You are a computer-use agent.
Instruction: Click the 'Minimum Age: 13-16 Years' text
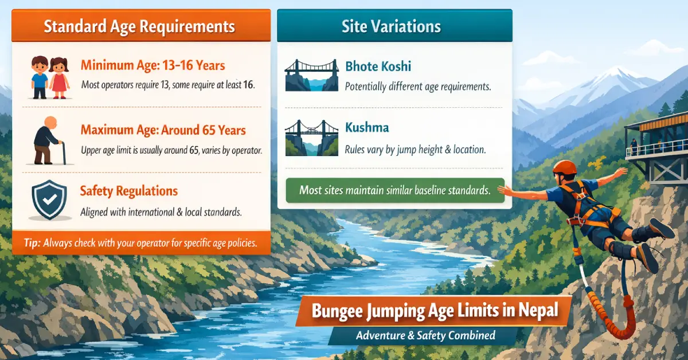(x=153, y=65)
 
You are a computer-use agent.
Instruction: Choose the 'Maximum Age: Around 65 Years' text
(x=163, y=130)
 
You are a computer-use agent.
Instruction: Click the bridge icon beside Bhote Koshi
(x=310, y=76)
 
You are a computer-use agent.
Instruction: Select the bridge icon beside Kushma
(x=310, y=138)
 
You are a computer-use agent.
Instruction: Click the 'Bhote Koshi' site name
(x=378, y=66)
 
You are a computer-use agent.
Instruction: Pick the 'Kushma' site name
(x=368, y=128)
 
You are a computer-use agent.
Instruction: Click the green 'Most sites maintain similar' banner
(x=394, y=190)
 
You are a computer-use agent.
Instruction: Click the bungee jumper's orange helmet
(x=565, y=167)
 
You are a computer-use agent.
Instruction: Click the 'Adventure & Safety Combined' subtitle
(x=425, y=335)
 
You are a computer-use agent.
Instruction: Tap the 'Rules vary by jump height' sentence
(x=415, y=150)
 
